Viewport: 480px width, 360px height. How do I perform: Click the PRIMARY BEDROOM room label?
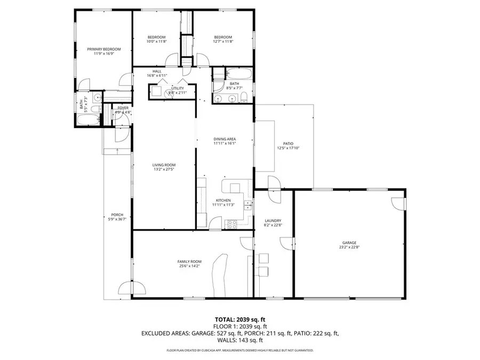(x=104, y=49)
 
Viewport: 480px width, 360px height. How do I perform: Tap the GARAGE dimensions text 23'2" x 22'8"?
(x=349, y=247)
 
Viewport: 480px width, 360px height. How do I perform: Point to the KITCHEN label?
(x=223, y=200)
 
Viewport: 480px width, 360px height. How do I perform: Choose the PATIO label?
(x=288, y=143)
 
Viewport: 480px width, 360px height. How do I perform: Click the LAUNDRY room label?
(x=273, y=221)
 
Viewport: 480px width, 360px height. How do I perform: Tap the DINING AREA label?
(x=225, y=139)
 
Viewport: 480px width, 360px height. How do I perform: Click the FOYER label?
(x=123, y=108)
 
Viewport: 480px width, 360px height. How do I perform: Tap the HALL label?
(x=157, y=71)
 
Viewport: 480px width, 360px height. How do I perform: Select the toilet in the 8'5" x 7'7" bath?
(x=243, y=97)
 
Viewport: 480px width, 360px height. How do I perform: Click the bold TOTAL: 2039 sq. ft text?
(x=239, y=319)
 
